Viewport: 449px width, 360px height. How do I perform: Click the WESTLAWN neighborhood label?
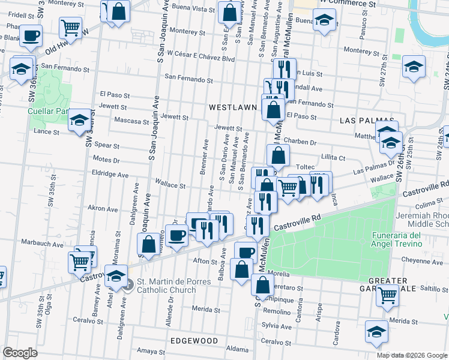click(x=232, y=107)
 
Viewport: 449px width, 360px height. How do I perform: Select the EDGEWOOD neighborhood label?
click(x=194, y=340)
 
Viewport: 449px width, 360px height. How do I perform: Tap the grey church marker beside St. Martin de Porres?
click(x=128, y=286)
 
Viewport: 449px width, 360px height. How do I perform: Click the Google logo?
click(x=20, y=353)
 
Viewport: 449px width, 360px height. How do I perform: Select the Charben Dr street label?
click(x=300, y=142)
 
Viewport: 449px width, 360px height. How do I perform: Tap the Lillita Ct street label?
click(x=333, y=157)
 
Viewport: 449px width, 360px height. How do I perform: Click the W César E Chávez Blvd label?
click(x=201, y=59)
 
